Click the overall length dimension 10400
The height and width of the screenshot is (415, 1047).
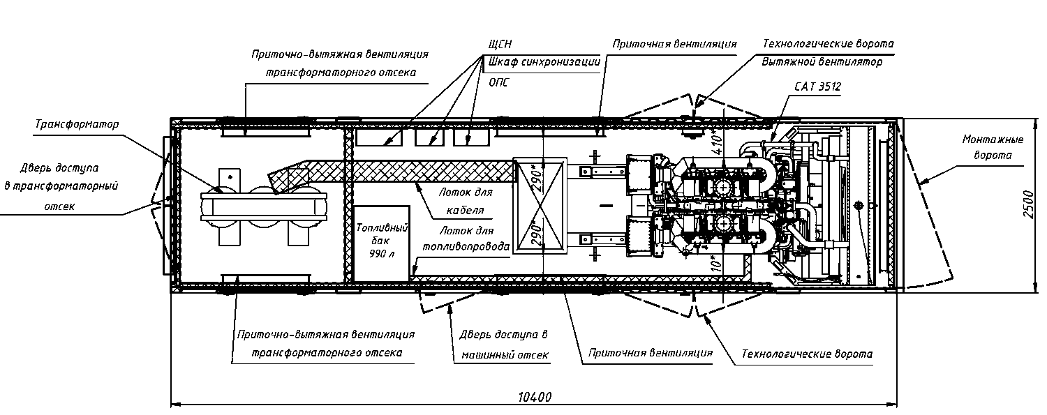535,398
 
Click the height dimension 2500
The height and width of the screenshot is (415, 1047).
1028,204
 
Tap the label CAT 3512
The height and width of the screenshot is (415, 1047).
817,86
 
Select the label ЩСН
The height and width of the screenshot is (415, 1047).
500,44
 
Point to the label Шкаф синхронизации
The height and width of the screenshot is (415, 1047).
544,61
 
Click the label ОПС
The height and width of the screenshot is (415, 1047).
498,82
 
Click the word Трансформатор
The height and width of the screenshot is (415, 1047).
77,124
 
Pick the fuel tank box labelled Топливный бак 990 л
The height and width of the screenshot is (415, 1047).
381,243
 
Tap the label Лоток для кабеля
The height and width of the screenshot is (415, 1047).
465,201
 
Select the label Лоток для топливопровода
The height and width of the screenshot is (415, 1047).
466,239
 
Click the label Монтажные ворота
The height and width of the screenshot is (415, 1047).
993,147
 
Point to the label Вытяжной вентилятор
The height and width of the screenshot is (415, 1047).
822,61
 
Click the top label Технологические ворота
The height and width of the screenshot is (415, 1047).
829,44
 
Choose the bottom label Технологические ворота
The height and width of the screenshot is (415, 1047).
807,354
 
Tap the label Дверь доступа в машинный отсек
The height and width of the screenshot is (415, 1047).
504,345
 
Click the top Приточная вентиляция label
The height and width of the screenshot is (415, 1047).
674,44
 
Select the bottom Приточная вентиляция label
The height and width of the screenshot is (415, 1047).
650,353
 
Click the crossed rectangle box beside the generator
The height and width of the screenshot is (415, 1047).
540,206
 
